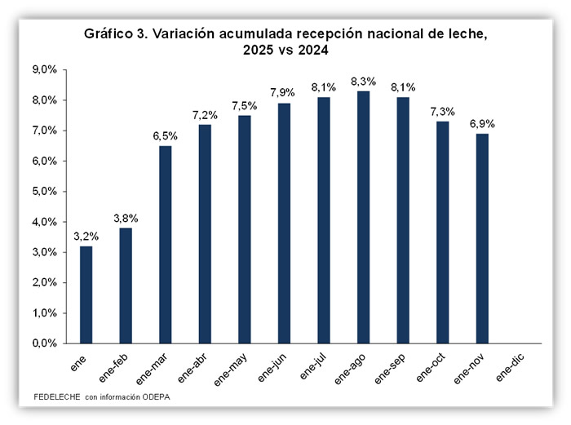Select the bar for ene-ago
click(x=362, y=217)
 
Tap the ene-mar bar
click(x=165, y=245)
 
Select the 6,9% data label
click(x=481, y=124)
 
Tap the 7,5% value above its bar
click(x=244, y=105)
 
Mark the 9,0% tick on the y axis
click(x=44, y=70)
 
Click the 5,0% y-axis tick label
click(x=44, y=192)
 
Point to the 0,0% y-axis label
click(x=44, y=343)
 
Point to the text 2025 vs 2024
click(x=285, y=50)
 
